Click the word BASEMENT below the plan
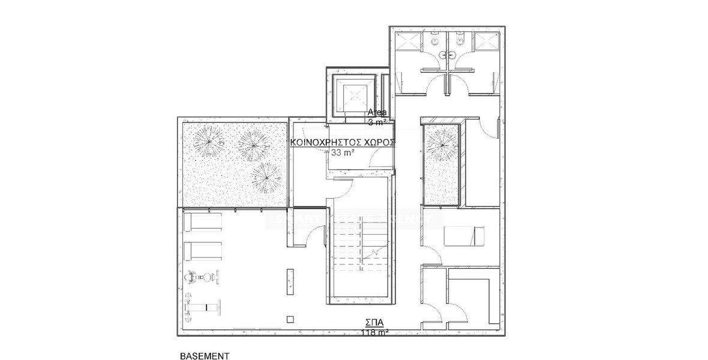pos(205,355)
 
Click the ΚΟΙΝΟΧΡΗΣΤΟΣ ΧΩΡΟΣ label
pos(342,142)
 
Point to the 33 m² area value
pos(342,152)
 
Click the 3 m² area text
pos(378,122)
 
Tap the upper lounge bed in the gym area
pos(202,223)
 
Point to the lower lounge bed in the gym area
pos(202,251)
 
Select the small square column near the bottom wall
pos(290,319)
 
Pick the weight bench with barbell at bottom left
pos(203,308)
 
